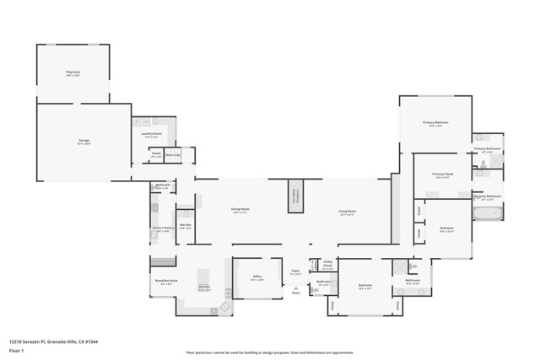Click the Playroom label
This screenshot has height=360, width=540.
pos(73,73)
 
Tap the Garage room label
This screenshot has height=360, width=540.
pos(84,141)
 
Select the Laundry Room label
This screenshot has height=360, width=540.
pos(152,134)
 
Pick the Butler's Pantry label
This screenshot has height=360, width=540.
pos(163,228)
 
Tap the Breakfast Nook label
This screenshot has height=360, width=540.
pos(166,282)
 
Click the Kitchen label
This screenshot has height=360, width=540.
pos(204,288)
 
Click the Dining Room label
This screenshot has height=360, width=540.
pos(240,211)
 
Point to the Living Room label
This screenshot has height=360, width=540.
pos(347,212)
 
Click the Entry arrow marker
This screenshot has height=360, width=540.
pos(295,287)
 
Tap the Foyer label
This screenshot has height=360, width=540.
pos(295,273)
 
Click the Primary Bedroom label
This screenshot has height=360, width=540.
pos(435,124)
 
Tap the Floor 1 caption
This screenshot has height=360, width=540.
pos(15,349)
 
